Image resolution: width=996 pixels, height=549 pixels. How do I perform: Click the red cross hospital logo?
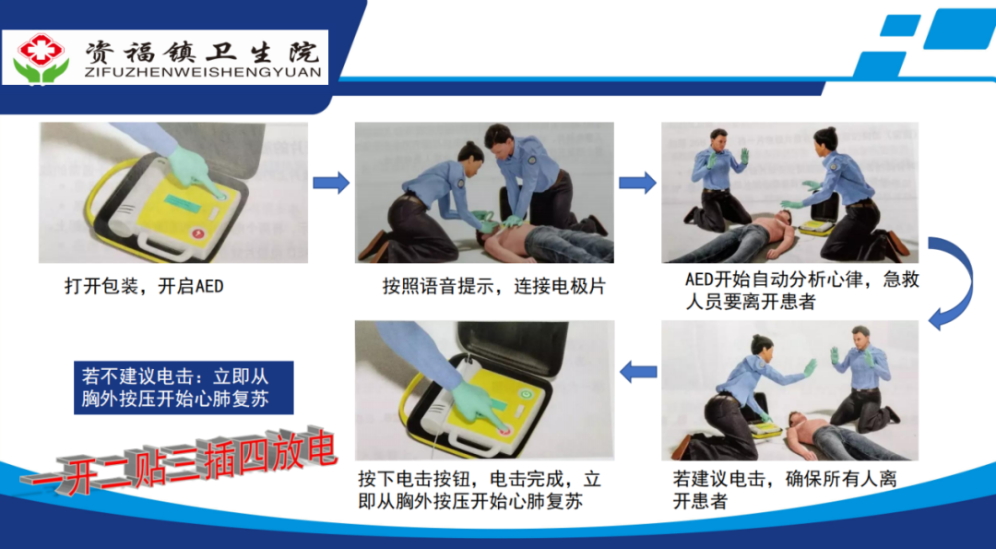point(41,58)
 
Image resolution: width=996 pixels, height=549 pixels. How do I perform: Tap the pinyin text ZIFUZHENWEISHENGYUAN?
point(203,73)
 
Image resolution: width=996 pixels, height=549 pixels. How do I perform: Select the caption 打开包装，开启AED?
point(144,286)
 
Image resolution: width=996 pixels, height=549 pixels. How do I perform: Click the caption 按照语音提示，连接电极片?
point(494,286)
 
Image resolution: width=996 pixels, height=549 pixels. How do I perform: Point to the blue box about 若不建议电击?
point(184,388)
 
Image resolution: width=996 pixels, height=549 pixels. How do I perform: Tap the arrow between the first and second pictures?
point(331,183)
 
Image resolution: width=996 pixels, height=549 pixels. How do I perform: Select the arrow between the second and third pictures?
point(638,183)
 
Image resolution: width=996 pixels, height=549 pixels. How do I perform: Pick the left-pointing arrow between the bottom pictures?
point(638,371)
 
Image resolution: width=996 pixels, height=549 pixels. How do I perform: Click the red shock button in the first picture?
point(199,233)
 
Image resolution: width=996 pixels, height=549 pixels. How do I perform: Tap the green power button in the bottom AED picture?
point(525,395)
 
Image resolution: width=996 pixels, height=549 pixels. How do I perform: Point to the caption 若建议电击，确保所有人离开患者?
point(785,490)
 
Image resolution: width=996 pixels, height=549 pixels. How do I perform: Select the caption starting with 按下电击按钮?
point(480,490)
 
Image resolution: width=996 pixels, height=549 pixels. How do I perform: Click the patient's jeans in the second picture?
point(560,242)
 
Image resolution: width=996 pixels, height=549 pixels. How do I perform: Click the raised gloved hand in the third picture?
point(743,156)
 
